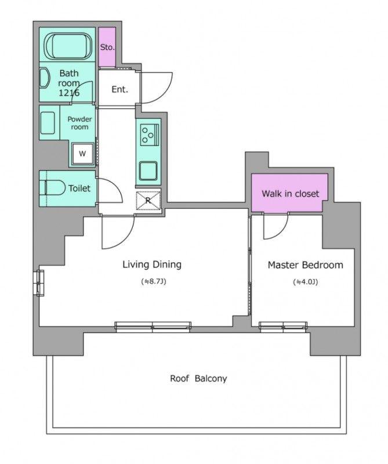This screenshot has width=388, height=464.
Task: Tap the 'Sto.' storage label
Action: tap(107, 47)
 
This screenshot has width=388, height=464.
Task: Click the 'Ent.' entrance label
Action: tap(119, 89)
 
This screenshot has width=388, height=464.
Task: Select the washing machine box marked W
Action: tap(83, 153)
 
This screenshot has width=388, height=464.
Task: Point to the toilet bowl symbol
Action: tap(55, 187)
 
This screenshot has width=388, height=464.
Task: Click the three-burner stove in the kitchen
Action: tap(150, 135)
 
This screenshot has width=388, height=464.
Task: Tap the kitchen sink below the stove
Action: tap(148, 171)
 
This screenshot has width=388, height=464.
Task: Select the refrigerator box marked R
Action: tap(148, 201)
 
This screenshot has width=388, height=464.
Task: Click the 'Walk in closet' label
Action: tap(291, 194)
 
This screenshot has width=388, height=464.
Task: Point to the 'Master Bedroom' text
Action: tap(306, 265)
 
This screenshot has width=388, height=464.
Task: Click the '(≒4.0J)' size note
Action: tap(306, 282)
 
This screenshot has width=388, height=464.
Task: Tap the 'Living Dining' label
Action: tap(152, 264)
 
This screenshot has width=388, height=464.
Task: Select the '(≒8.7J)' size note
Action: tap(154, 281)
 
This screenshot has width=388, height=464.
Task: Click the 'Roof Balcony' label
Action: tap(198, 379)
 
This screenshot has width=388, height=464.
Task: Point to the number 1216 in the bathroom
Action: tap(69, 93)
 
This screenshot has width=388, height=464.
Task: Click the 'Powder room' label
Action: tap(79, 123)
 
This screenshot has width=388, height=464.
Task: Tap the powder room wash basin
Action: tap(48, 123)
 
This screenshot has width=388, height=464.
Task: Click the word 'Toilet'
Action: tap(79, 188)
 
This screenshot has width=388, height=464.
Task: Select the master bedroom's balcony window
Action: tap(283, 325)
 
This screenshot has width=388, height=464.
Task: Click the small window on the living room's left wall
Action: tap(40, 282)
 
